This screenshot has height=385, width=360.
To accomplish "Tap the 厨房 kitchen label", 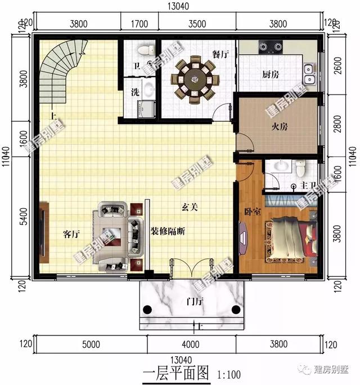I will (x=271, y=74).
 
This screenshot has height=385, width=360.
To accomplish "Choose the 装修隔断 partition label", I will (x=168, y=231).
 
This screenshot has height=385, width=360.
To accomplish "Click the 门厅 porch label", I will (x=195, y=302).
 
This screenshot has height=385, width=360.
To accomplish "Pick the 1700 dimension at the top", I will (x=139, y=24).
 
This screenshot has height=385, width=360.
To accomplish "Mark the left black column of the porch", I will (x=148, y=308).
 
